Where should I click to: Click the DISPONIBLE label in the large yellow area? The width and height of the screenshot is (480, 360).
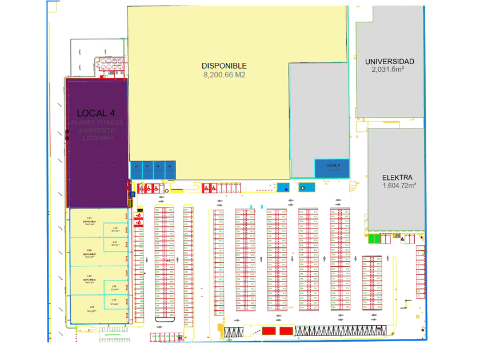click(224, 66)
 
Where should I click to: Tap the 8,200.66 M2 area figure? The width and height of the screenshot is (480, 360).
click(224, 75)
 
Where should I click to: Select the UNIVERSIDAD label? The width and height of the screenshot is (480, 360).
click(389, 61)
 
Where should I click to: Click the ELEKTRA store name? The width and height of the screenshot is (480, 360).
click(398, 177)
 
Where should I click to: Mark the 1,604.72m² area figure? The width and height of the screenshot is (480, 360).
click(399, 186)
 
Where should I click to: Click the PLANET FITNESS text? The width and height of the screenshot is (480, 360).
click(97, 123)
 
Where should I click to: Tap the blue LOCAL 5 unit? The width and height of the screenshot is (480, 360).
click(332, 167)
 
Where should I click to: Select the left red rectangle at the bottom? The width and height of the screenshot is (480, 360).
click(269, 331)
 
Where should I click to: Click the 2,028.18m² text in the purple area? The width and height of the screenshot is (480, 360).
click(97, 138)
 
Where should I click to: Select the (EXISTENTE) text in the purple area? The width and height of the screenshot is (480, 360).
click(97, 131)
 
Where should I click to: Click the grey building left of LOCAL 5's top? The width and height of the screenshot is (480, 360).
click(318, 109)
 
